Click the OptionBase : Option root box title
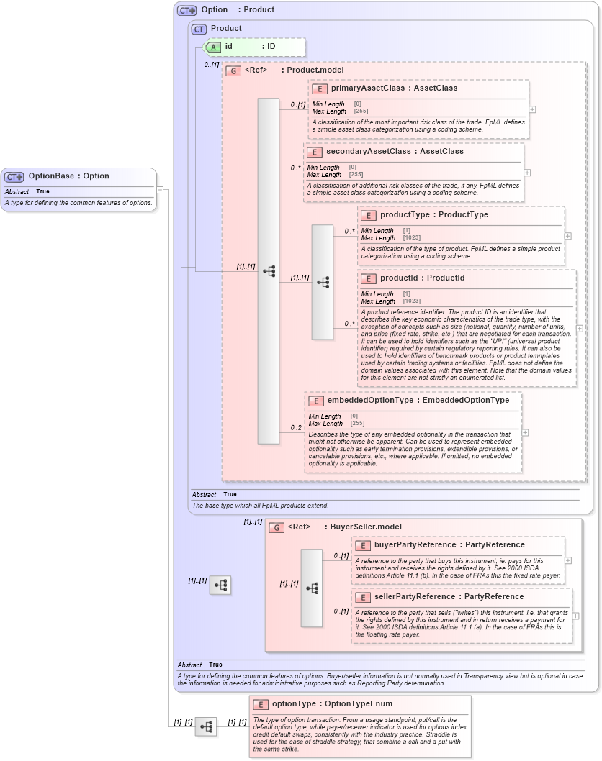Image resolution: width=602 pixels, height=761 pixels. (x=68, y=176)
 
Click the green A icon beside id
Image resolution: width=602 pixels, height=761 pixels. (x=214, y=47)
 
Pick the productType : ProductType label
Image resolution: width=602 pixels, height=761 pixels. (x=433, y=215)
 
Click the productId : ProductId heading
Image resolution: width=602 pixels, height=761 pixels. (x=422, y=278)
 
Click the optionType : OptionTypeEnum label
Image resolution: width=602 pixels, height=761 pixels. (x=332, y=704)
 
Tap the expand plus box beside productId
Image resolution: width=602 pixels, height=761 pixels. (x=580, y=328)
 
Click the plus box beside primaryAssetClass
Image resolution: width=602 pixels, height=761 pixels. (x=532, y=109)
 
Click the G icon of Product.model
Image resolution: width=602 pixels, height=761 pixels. (x=233, y=70)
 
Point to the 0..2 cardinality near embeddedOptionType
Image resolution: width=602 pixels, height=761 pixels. (x=296, y=428)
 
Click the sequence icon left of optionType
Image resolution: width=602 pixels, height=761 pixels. (x=206, y=726)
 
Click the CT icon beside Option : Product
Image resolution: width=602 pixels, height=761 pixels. (x=187, y=11)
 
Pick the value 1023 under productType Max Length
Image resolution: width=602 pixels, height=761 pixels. (x=412, y=238)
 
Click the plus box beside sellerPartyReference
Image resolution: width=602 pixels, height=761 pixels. (x=576, y=616)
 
